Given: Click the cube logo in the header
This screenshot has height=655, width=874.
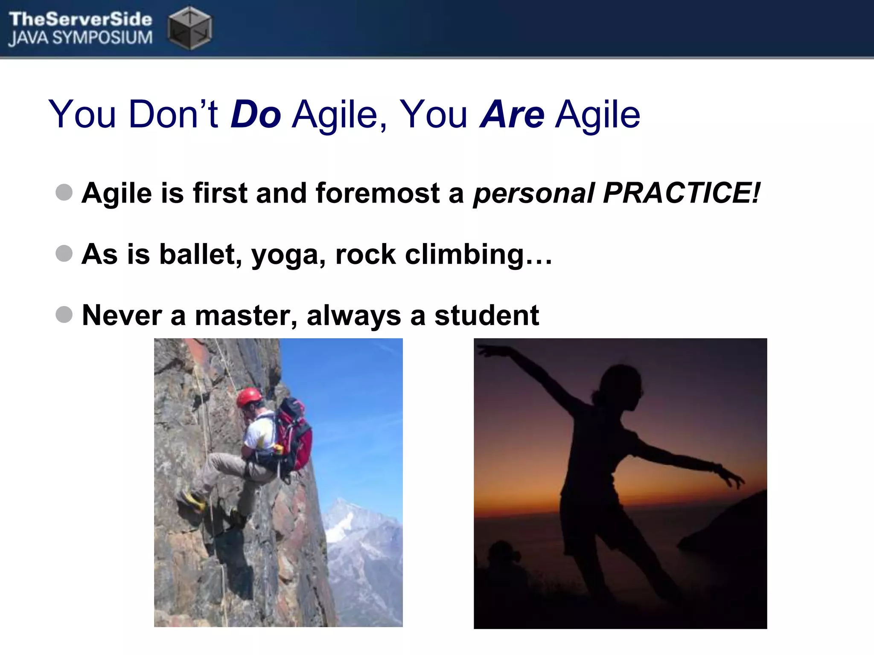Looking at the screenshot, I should coord(189,28).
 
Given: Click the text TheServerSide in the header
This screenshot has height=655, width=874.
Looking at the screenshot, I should coord(80,19).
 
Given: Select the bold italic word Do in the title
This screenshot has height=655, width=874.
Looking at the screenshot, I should coord(256,114).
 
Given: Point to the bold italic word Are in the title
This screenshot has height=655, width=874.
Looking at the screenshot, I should coord(512,114).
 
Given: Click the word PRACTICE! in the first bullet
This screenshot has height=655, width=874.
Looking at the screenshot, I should coord(682,193).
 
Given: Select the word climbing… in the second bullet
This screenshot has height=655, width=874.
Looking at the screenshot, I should coord(478,255).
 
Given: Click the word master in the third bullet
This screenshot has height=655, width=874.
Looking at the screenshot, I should coord(246,316).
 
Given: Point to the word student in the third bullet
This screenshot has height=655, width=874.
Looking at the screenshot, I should coord(487,316).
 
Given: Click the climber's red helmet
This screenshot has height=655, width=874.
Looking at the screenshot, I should coord(249,397).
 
